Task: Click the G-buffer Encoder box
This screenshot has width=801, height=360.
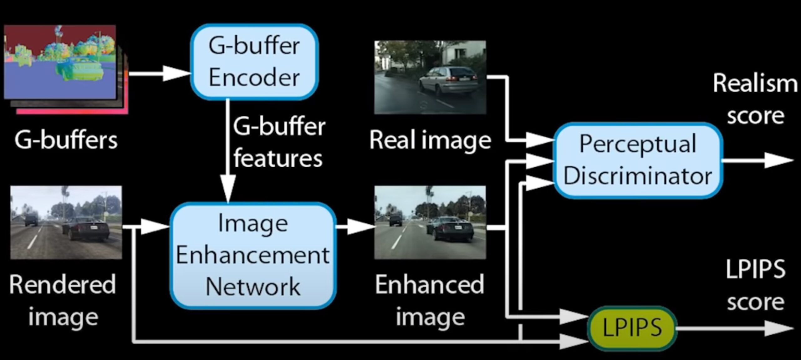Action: pos(254,62)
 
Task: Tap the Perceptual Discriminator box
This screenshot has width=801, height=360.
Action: pos(638,160)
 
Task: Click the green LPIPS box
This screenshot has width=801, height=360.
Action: pos(632,328)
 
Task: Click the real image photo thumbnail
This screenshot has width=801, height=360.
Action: pos(430,77)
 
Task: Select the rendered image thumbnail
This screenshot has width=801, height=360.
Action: pos(66,222)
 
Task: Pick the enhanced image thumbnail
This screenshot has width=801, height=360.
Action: pos(430,222)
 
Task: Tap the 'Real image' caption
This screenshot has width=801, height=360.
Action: pos(430,140)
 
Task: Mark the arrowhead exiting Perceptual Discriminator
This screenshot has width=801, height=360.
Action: pos(779,160)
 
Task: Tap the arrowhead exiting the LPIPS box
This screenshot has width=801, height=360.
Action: pos(779,328)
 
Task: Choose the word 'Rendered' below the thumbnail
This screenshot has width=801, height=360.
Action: pos(63,285)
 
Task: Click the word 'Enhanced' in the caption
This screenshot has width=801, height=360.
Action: pos(430,285)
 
